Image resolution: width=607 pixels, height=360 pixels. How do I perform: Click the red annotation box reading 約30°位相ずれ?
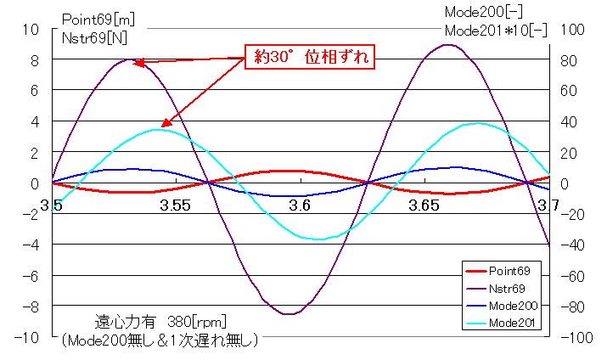(310, 57)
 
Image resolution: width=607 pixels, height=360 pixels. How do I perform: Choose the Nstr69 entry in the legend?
(509, 289)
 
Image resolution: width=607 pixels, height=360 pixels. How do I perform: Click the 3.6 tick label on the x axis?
(299, 205)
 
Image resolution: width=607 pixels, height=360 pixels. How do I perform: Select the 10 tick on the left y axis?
(31, 29)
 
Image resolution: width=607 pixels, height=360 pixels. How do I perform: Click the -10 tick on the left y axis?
(28, 337)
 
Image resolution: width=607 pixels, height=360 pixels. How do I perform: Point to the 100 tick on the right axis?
(570, 29)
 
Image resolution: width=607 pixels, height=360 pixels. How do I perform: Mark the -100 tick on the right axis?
(573, 337)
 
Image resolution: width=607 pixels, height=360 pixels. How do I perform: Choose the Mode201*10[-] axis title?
(496, 29)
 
